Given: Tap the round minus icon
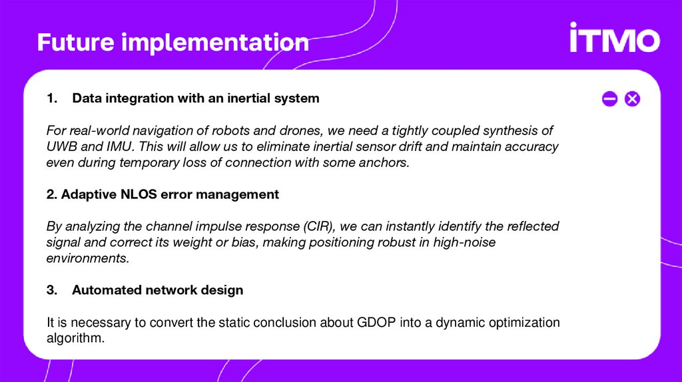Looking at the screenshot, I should (609, 99).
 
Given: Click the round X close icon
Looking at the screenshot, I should (632, 99).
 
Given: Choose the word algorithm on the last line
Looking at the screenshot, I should (75, 338).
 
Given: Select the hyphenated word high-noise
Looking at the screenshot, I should (464, 242).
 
